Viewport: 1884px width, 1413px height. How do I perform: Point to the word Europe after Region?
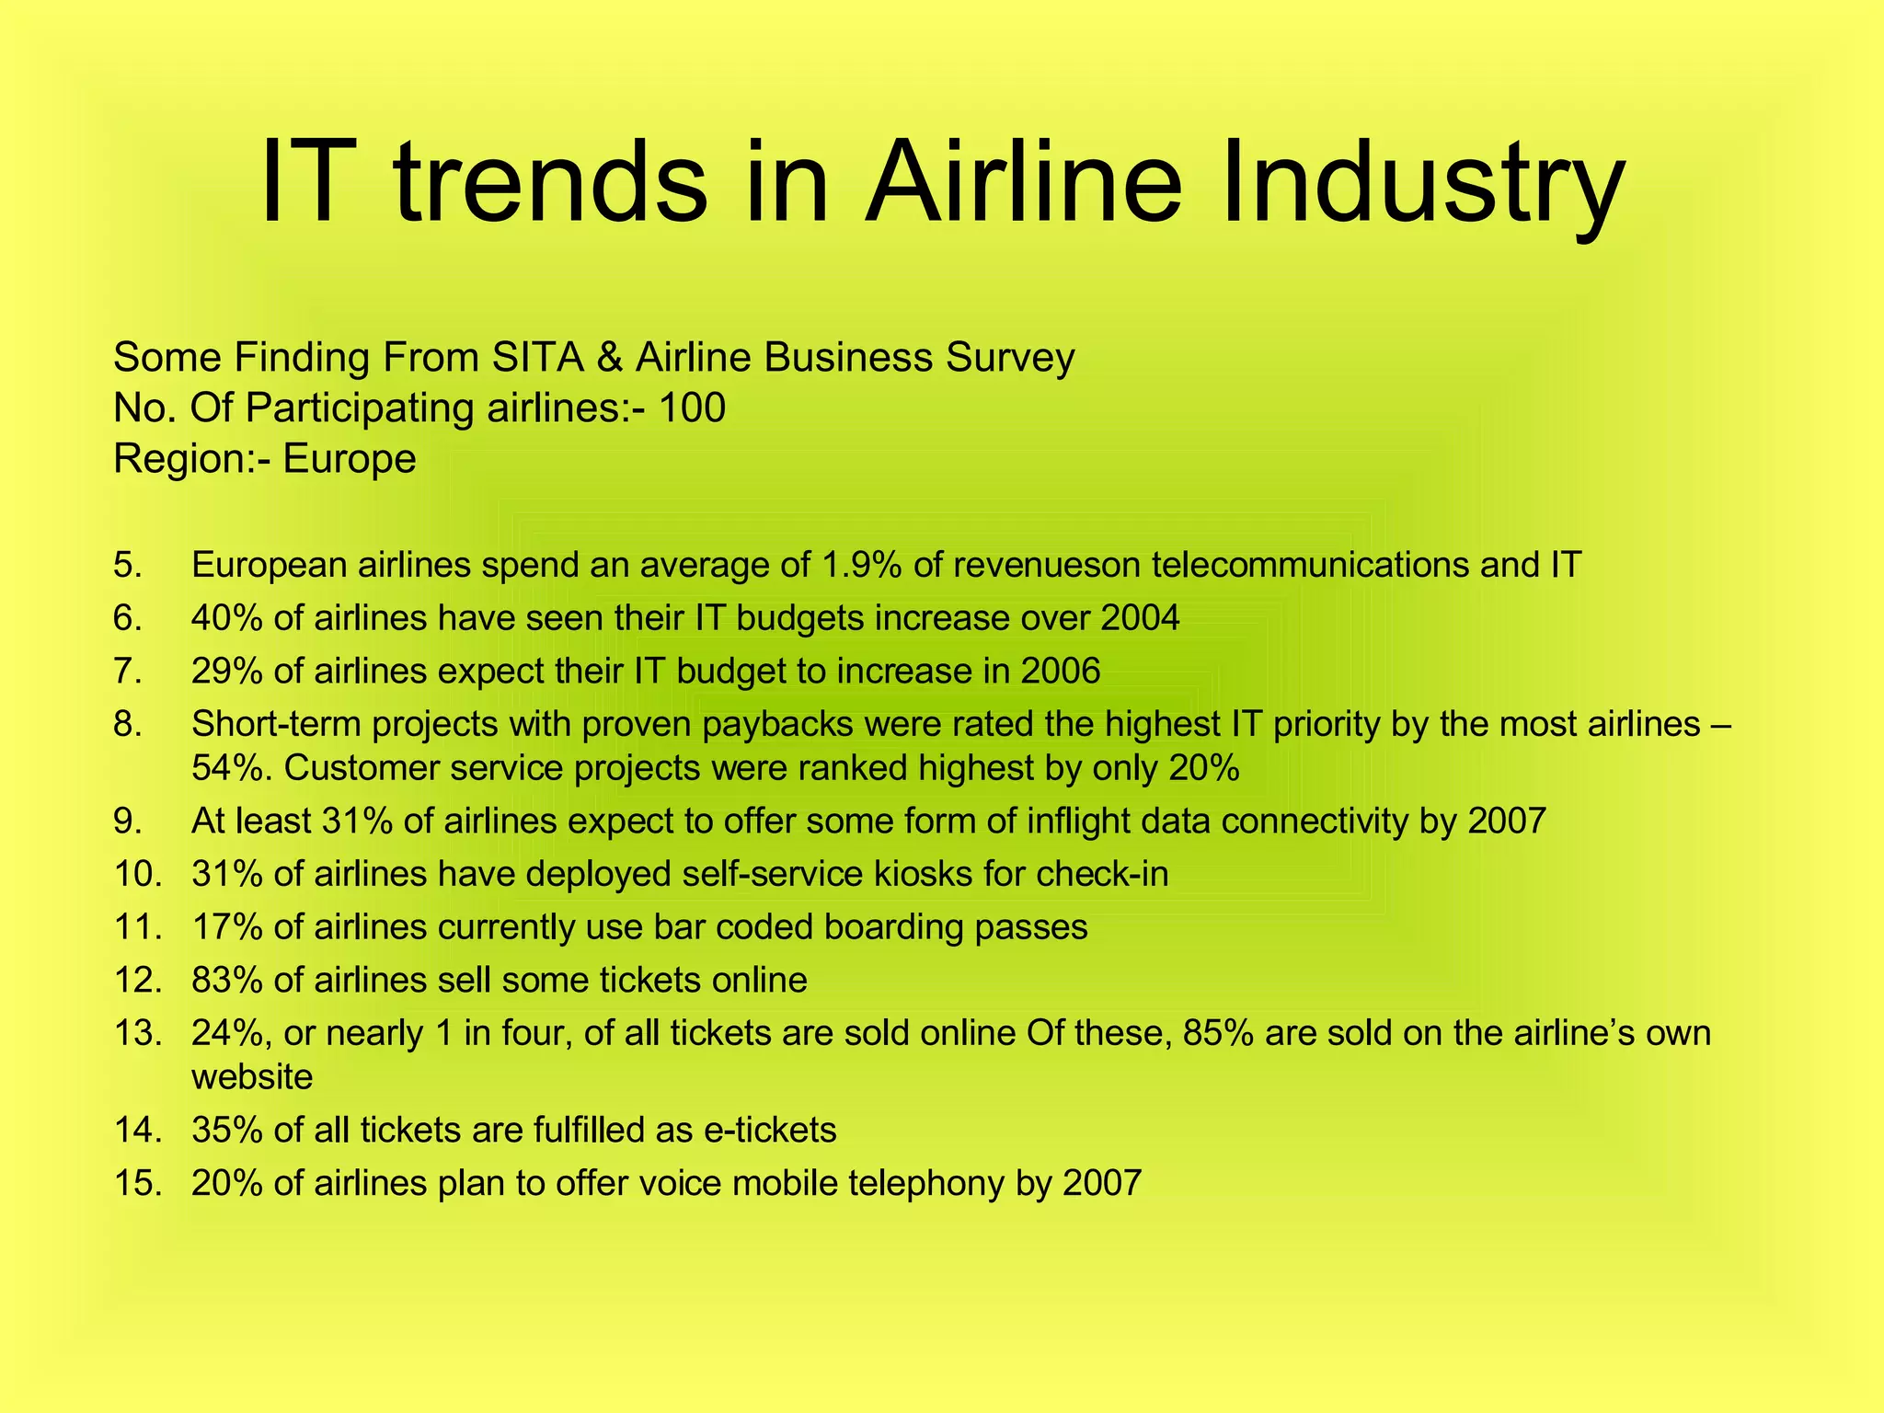click(x=350, y=458)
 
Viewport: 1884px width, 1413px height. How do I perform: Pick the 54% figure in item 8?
click(x=230, y=767)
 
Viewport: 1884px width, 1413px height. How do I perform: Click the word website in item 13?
click(x=252, y=1076)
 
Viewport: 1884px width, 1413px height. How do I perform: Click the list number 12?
click(x=138, y=980)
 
